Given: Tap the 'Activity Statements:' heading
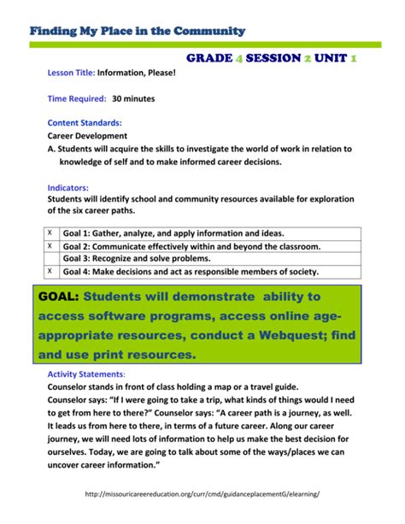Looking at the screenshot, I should pos(85,374).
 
